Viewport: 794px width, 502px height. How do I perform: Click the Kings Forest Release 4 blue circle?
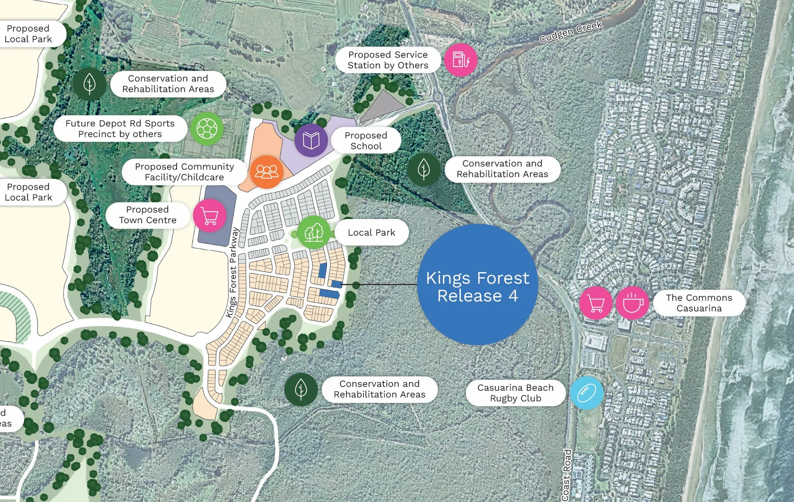click(477, 284)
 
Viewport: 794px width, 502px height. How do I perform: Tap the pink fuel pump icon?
click(460, 60)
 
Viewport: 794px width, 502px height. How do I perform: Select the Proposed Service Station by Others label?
click(388, 60)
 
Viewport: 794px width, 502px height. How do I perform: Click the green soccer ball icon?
click(207, 128)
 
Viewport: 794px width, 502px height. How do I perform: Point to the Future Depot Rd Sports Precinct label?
click(120, 129)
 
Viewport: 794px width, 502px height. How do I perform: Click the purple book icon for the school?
click(311, 140)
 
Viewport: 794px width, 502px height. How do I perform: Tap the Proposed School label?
click(366, 140)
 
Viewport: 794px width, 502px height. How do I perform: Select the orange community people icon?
click(267, 172)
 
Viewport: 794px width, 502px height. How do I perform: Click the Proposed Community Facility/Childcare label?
click(184, 172)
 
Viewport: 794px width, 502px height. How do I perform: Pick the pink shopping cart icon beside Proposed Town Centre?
click(209, 215)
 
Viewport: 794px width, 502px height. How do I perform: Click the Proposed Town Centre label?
click(148, 215)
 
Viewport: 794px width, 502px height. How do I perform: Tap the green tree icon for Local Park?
click(313, 231)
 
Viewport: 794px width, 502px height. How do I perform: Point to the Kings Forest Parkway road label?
click(233, 272)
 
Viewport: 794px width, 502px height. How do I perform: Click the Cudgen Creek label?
click(571, 32)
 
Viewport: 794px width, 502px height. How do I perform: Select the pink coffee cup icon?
click(632, 303)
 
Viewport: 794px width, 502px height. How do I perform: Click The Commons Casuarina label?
click(699, 303)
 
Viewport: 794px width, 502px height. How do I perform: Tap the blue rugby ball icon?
click(586, 393)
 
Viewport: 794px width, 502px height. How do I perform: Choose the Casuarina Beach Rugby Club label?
click(515, 393)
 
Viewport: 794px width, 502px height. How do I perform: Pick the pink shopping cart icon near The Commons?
click(596, 303)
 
